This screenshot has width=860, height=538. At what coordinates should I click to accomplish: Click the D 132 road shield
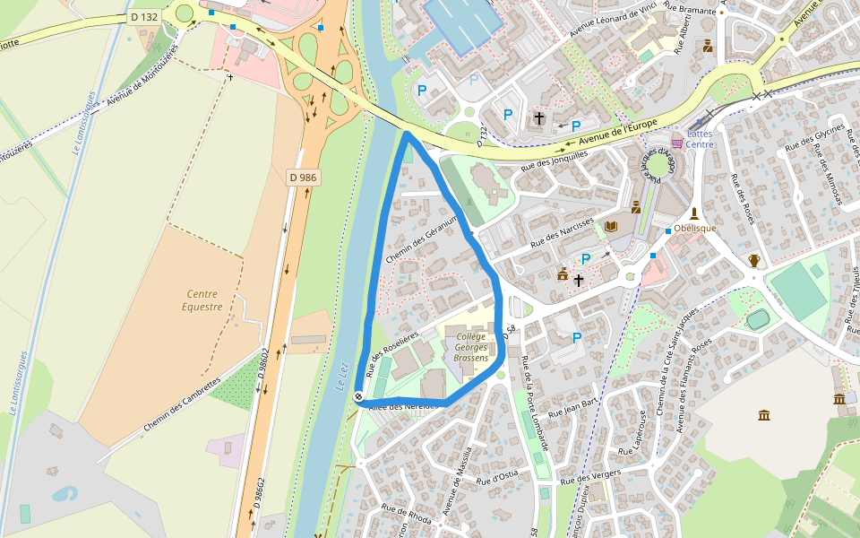(x=143, y=16)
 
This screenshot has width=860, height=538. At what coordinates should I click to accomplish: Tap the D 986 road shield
(x=304, y=178)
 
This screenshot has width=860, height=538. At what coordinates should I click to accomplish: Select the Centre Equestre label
(x=202, y=299)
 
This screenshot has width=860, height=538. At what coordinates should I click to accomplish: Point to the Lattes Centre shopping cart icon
(x=677, y=143)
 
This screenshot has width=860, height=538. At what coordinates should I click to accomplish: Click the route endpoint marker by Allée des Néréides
(x=358, y=396)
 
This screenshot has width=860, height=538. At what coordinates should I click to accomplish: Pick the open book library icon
(x=612, y=227)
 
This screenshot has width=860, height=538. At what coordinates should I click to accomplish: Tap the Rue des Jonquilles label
(x=554, y=159)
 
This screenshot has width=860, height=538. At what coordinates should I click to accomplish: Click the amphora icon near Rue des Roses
(x=754, y=261)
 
